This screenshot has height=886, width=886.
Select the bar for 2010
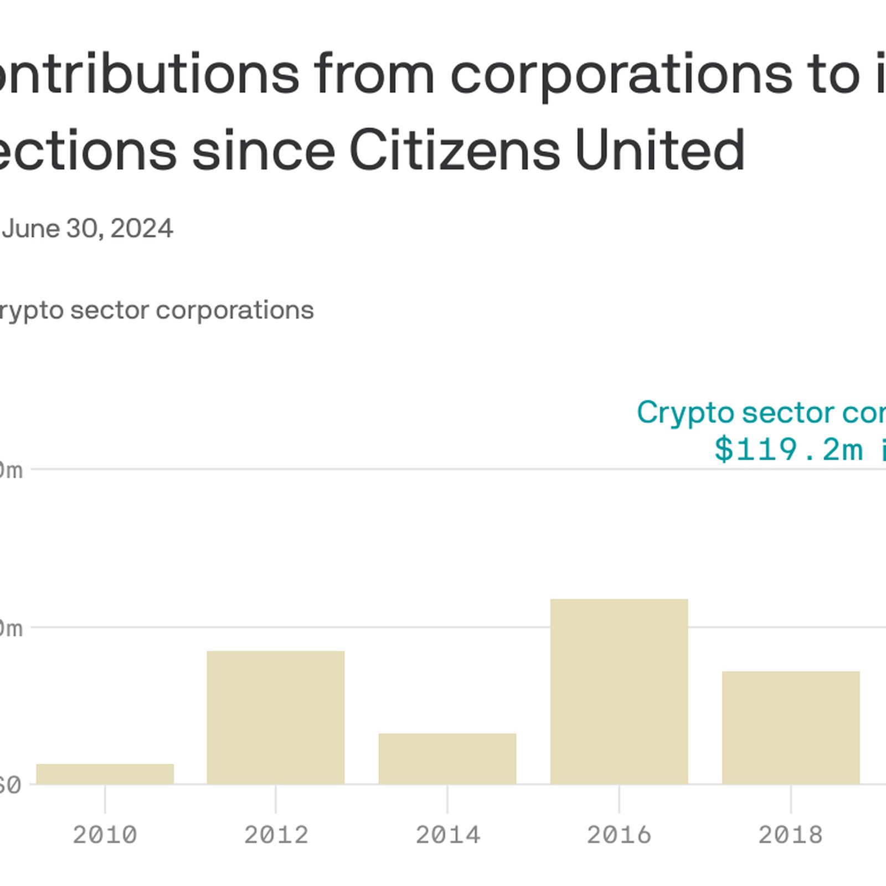[x=105, y=774]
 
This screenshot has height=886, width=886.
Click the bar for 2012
[x=276, y=717]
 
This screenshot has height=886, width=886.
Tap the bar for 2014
[x=447, y=758]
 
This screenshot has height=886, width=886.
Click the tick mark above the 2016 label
[x=619, y=799]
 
